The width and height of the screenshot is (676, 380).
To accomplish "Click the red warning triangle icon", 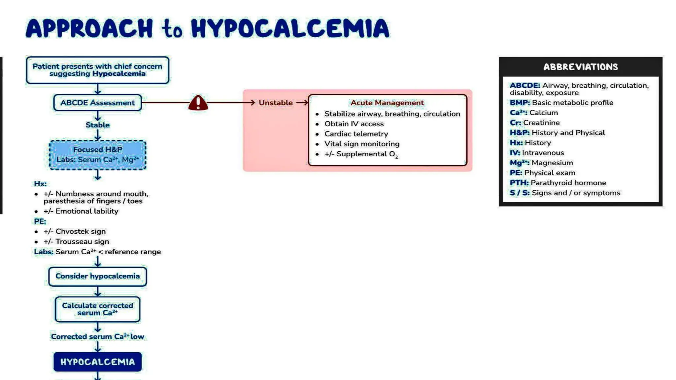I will [x=198, y=103].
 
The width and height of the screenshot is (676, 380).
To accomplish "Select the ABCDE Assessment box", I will [x=97, y=103].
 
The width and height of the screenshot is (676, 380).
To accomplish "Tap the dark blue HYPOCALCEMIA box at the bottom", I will [x=97, y=362].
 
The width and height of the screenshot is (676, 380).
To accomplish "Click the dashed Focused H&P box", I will [x=97, y=155].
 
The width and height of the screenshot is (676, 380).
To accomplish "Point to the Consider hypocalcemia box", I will [x=97, y=276].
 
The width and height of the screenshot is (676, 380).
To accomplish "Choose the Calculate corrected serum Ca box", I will [x=97, y=309].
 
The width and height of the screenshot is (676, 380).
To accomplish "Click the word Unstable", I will [x=275, y=103].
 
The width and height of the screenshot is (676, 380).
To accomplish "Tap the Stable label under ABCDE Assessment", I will [x=97, y=125].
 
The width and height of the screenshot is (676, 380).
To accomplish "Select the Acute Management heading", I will [x=387, y=103].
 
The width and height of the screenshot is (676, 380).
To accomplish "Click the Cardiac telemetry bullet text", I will [x=356, y=134].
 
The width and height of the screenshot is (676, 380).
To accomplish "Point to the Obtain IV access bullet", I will [x=354, y=124].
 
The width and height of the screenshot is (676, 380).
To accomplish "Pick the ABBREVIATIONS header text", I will [x=580, y=67].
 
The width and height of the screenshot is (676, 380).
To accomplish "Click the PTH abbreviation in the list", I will [x=519, y=183].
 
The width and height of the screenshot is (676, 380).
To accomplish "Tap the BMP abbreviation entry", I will [x=520, y=103].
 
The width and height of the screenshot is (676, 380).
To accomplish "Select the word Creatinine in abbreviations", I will [x=541, y=123].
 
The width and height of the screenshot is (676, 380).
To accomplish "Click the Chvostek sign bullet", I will [x=80, y=231].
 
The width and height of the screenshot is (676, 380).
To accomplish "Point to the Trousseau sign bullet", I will [x=82, y=241].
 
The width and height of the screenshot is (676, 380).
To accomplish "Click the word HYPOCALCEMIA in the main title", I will [x=290, y=28].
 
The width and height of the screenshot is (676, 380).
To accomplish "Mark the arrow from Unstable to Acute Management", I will [x=302, y=103].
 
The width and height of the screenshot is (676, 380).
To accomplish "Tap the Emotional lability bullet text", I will [x=86, y=211].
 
